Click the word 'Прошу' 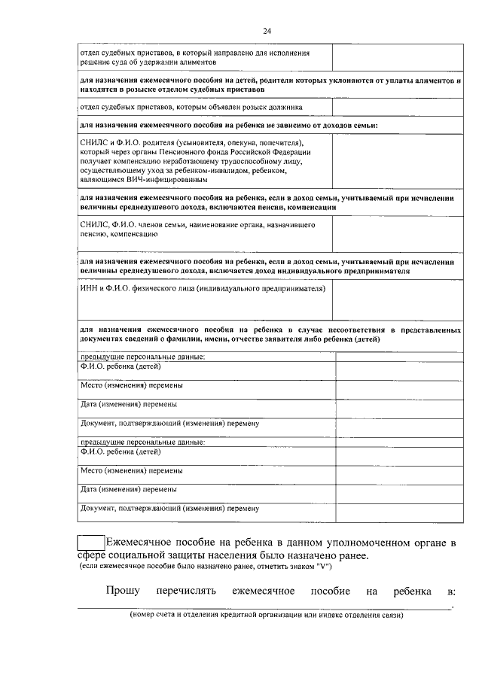pos(122,591)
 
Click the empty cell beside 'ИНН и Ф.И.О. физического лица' pos(397,299)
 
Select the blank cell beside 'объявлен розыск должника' pos(397,107)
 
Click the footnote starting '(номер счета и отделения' pos(266,615)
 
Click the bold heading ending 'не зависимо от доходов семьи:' pos(229,125)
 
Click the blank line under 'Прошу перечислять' pos(264,607)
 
